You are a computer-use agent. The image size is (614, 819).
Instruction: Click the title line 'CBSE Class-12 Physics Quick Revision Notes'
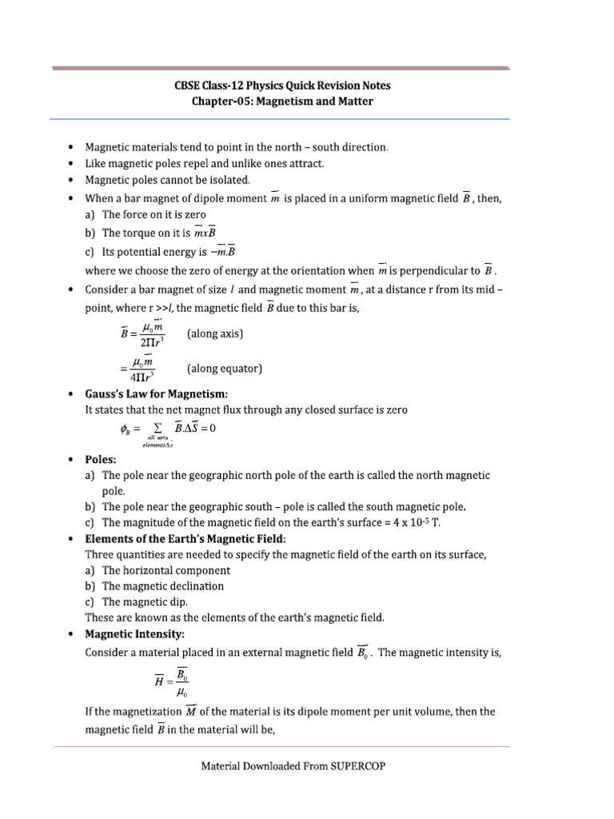pos(282,86)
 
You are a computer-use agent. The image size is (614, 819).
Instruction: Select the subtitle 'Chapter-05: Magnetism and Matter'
pos(282,102)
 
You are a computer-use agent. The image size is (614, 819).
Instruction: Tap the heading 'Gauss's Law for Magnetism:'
pos(157,394)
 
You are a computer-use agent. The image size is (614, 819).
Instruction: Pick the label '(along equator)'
pos(225,369)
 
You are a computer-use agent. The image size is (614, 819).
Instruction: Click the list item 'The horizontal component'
pos(166,570)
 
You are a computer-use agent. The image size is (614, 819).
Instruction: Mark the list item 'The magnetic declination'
pos(163,585)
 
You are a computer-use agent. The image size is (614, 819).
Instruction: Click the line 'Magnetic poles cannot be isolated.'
pos(168,180)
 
